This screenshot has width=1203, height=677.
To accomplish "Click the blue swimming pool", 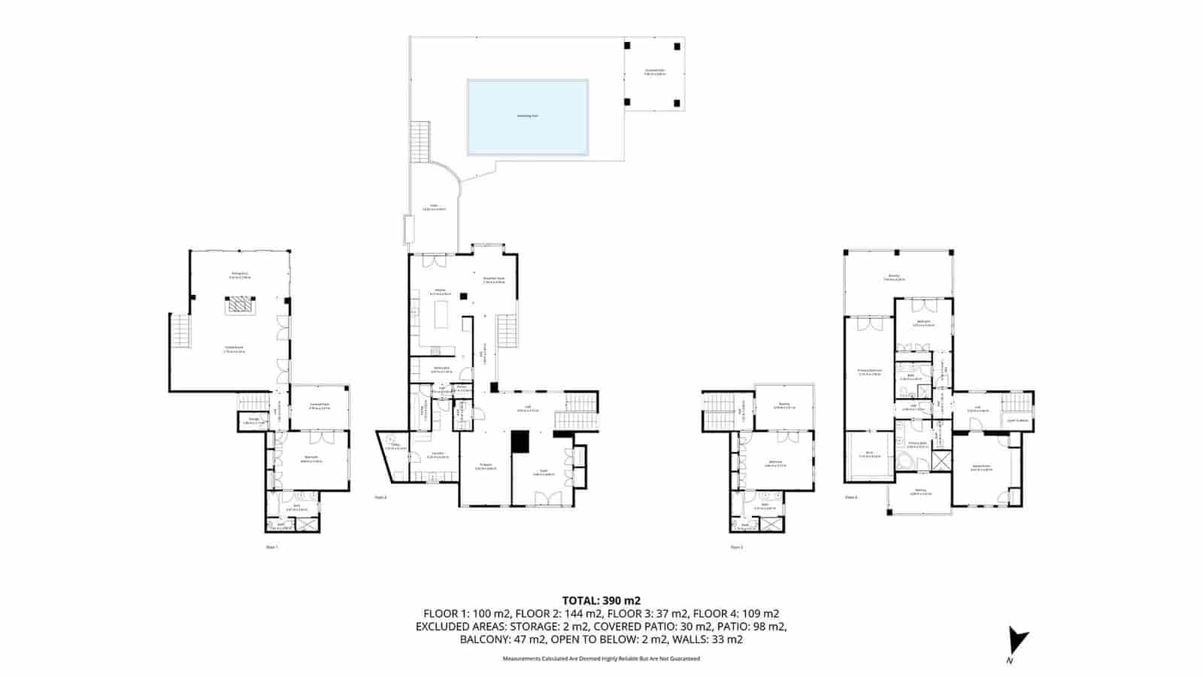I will coord(527,117).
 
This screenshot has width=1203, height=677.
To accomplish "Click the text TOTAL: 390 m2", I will coord(601,600).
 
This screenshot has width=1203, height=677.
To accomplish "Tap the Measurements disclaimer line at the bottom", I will coord(601,659).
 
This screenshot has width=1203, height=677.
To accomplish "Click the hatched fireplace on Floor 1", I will coord(241,305).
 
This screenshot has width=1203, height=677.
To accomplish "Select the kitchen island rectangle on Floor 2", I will coord(441,313).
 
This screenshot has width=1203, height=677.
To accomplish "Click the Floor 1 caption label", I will coord(272,548).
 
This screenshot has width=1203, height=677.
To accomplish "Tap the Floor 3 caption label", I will coord(737,548).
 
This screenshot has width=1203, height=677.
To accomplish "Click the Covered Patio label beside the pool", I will coord(654,72).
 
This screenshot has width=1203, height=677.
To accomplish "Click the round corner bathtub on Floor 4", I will coord(907,460).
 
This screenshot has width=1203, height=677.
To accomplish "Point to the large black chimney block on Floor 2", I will coord(520,442).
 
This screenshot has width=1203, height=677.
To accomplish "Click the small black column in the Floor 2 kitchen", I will coord(464,296).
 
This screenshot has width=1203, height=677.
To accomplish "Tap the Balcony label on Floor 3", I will coord(784,405).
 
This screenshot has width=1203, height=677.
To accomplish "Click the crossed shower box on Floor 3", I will coord(770,524).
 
